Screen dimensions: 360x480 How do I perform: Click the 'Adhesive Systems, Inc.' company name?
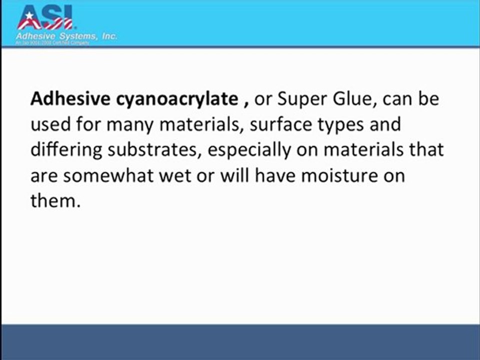pyautogui.click(x=67, y=36)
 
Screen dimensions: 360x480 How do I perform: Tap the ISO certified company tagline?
pyautogui.click(x=53, y=43)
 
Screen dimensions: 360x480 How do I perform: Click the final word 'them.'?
pyautogui.click(x=55, y=202)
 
